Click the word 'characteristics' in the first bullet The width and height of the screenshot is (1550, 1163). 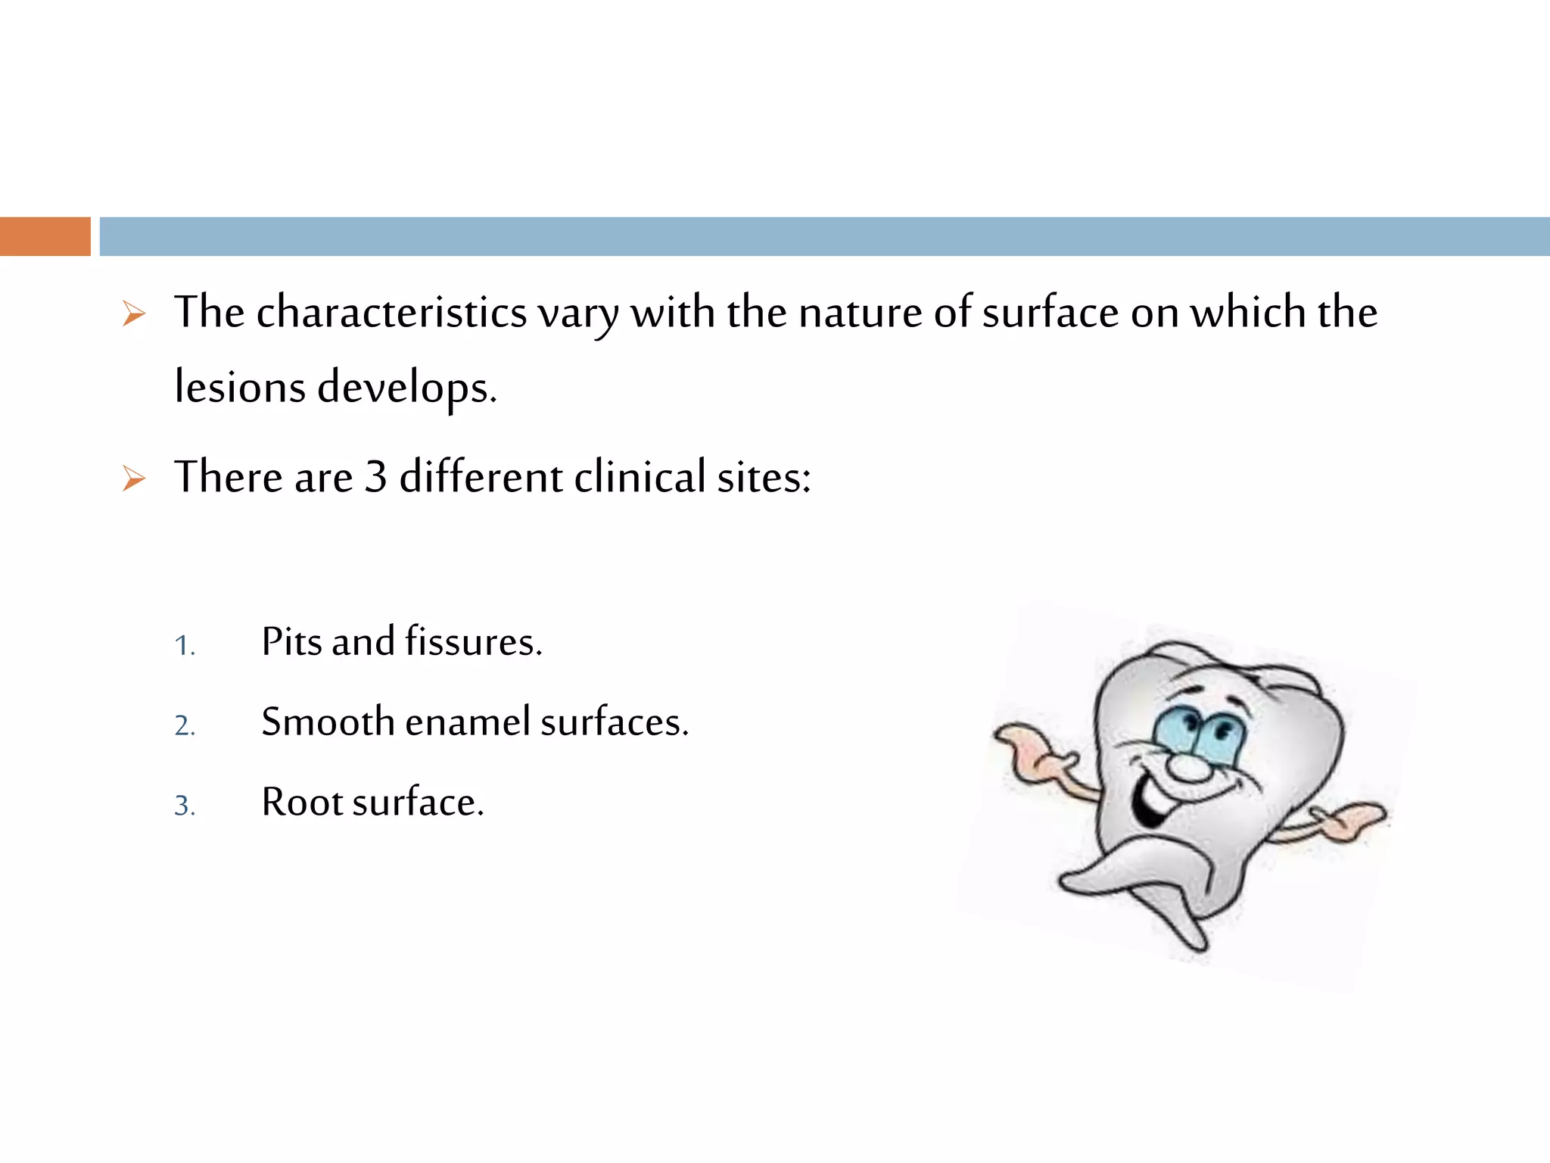tap(391, 313)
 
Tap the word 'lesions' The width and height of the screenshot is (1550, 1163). tap(240, 387)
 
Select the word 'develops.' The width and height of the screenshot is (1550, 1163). tap(406, 388)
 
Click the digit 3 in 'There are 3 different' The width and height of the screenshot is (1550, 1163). tap(376, 477)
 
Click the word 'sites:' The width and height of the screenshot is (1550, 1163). tap(764, 478)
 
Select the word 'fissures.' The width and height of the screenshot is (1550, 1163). tap(473, 642)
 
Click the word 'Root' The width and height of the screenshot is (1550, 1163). tap(301, 802)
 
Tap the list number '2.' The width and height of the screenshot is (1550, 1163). tap(185, 725)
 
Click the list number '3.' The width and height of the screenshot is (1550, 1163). tap(185, 806)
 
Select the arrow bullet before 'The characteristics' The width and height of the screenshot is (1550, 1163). tap(134, 313)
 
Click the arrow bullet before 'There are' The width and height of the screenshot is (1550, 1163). tap(134, 479)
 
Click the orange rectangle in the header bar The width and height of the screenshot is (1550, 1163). tap(45, 236)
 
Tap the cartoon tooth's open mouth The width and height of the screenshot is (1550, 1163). tap(1150, 803)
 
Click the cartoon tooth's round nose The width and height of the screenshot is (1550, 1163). tap(1189, 767)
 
